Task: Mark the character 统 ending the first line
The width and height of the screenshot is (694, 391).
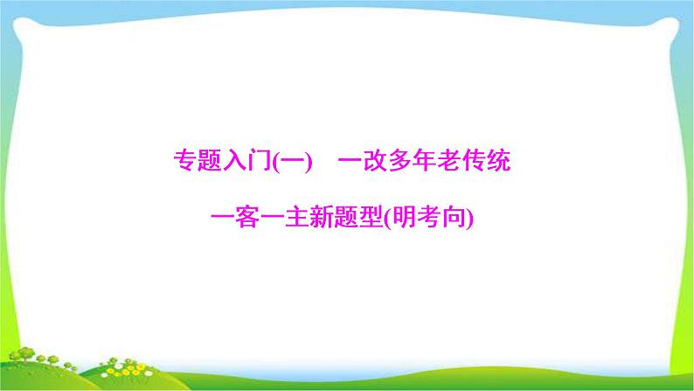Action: [500, 163]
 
